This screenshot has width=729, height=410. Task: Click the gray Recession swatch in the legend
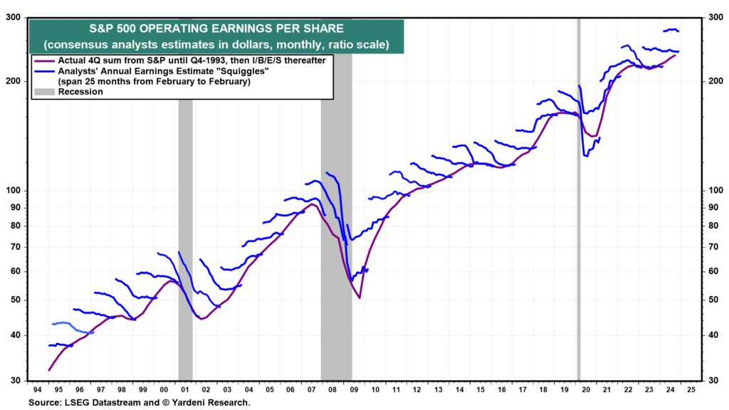coord(45,92)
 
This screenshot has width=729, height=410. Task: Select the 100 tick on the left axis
coord(14,191)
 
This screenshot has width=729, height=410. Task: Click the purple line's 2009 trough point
coord(360,298)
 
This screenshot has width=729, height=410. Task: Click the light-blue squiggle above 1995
coord(63,323)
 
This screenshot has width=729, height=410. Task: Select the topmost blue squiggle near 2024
coord(671,30)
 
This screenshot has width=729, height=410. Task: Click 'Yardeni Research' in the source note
coord(213,403)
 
